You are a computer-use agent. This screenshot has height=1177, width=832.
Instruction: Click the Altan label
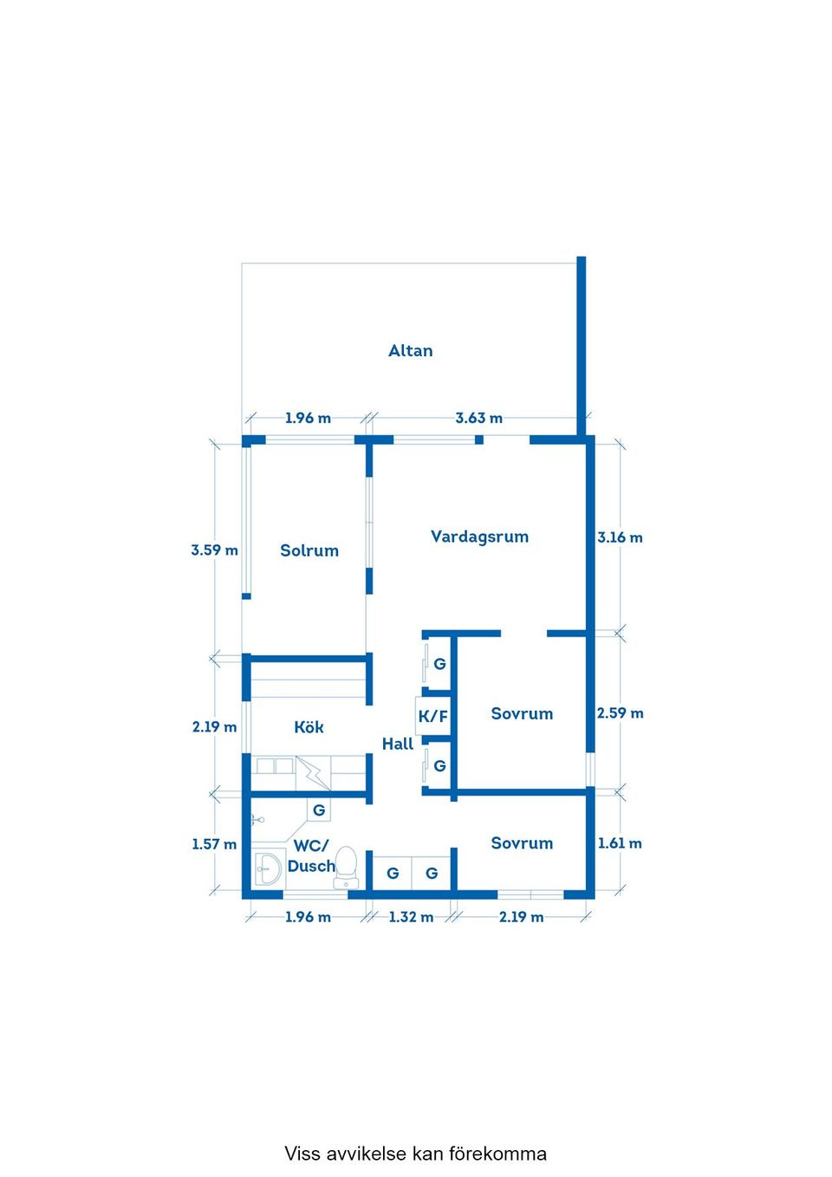tap(410, 350)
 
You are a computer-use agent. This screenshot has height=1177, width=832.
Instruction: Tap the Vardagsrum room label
tap(479, 537)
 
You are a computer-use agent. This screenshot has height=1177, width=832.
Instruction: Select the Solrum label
tap(309, 550)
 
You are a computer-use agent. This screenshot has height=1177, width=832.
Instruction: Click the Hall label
tap(398, 744)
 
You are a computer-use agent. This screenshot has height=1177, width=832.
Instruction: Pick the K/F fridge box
tap(432, 716)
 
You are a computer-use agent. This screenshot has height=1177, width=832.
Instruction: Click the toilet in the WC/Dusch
tap(346, 867)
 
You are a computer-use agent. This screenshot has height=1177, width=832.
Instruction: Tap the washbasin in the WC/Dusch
tap(269, 869)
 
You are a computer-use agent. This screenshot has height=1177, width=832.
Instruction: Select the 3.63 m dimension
tap(479, 419)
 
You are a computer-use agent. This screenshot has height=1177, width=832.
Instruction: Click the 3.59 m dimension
tap(214, 550)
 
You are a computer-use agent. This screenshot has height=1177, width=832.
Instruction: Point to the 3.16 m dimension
tap(620, 537)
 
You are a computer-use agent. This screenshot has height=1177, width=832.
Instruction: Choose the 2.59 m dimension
tap(620, 713)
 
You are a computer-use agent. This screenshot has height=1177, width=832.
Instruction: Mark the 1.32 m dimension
tap(411, 917)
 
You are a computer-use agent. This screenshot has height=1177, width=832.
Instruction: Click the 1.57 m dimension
tap(214, 844)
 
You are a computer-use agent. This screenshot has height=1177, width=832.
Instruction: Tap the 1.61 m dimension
tap(620, 842)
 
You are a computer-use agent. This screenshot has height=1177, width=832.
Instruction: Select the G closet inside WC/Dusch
tap(319, 810)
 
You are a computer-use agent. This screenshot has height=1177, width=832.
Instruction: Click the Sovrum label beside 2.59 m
tap(522, 713)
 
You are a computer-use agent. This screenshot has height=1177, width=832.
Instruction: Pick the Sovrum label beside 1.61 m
tap(522, 842)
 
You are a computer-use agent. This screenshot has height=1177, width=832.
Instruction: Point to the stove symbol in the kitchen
tap(313, 773)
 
